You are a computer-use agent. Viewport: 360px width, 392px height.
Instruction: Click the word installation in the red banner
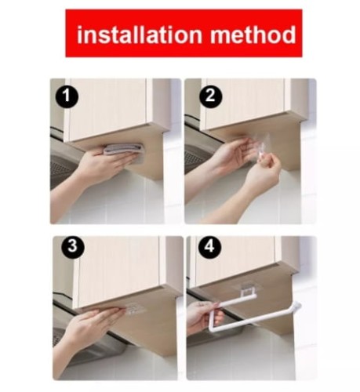(x=140, y=34)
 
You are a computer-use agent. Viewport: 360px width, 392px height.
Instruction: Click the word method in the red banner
(x=253, y=34)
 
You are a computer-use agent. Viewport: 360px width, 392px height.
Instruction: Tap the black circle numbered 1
(x=67, y=96)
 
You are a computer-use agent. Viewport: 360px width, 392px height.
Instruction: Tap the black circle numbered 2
(x=210, y=96)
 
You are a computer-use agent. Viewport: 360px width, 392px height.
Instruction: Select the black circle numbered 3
(x=73, y=246)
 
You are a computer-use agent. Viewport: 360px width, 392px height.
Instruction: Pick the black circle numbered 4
(x=209, y=247)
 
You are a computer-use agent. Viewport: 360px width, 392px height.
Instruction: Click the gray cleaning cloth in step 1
(x=123, y=149)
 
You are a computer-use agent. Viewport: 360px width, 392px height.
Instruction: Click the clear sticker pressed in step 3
(x=135, y=309)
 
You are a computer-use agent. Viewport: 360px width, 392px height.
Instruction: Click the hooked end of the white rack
(x=297, y=305)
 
